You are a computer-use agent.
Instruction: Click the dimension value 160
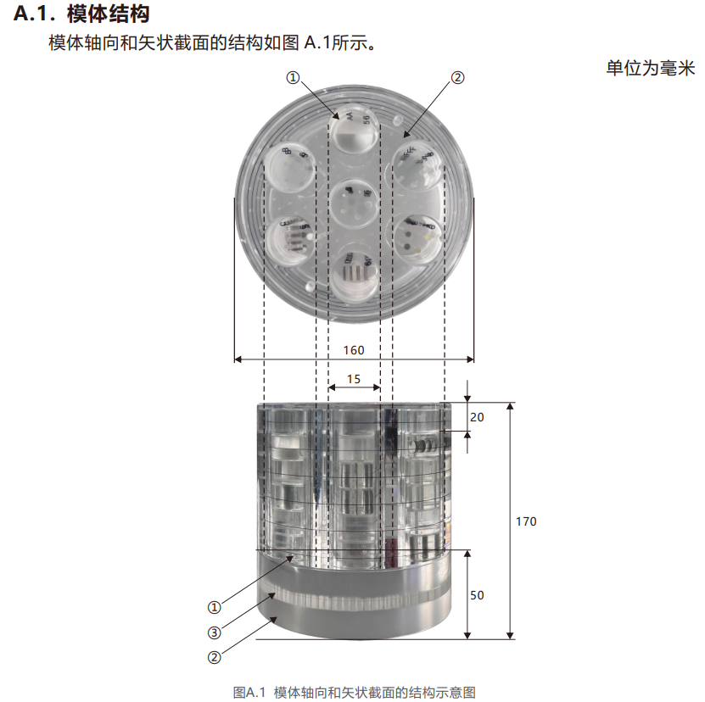(x=354, y=350)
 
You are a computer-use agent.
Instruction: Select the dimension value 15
(x=354, y=379)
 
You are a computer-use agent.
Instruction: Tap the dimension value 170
(x=526, y=521)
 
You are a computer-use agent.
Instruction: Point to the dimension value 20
(x=477, y=417)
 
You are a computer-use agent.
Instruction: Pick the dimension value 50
(x=477, y=595)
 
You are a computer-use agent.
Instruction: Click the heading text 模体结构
(x=109, y=14)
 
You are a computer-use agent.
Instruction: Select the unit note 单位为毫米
(x=651, y=69)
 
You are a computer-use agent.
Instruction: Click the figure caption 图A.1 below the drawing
(x=249, y=692)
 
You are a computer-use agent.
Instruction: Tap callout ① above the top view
(x=293, y=78)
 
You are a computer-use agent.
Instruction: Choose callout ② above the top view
(x=457, y=78)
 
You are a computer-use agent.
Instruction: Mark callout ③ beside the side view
(x=214, y=632)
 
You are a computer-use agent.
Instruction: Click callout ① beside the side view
(x=214, y=607)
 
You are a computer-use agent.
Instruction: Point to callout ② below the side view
(x=214, y=658)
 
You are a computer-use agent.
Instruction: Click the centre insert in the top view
(x=354, y=203)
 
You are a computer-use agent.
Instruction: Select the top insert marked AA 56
(x=354, y=129)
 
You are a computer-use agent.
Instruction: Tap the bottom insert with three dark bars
(x=354, y=276)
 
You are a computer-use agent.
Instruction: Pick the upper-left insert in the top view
(x=290, y=168)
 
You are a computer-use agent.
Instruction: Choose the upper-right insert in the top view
(x=417, y=166)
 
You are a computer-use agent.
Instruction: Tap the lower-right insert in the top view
(x=417, y=240)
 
